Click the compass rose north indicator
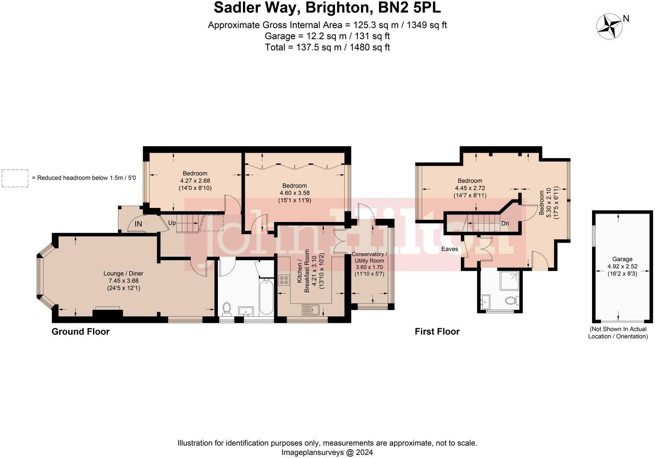(x=610, y=26)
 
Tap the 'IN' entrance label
(x=138, y=224)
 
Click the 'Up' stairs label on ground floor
(x=172, y=223)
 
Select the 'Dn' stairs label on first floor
(x=505, y=223)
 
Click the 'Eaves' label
(x=450, y=249)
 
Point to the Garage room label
(x=622, y=259)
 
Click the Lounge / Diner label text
(x=123, y=273)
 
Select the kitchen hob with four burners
(x=284, y=280)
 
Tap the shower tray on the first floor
(x=509, y=281)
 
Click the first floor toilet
(x=512, y=301)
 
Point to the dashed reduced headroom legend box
(x=15, y=178)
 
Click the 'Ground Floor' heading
(x=81, y=332)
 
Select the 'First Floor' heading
(x=437, y=332)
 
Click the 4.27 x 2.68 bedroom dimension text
(x=195, y=180)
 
